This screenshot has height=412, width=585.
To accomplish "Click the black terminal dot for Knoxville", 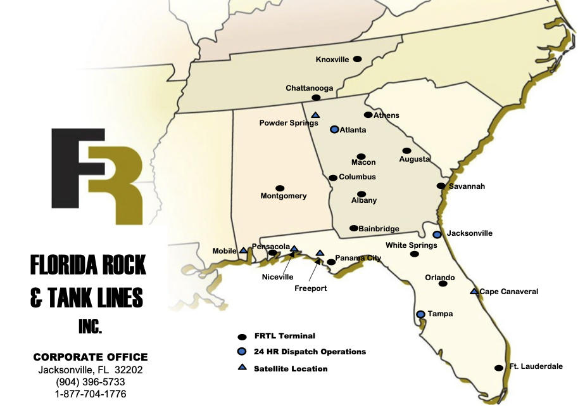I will pos(357,59).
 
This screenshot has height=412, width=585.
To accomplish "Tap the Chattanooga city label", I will pos(310,88).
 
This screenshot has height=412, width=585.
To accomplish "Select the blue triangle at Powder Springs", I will pos(315,115).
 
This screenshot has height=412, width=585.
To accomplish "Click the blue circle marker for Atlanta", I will pos(334,129).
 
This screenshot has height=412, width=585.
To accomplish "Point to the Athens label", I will pos(386,115).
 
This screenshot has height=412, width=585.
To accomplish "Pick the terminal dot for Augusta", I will pos(406,151).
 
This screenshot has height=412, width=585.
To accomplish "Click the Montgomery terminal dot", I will pos(280,188).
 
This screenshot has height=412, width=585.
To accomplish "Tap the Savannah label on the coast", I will pos(467,186).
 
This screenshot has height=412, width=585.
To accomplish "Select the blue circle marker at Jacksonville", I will pos(437,235).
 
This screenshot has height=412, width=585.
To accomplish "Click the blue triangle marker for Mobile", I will pos(243,250).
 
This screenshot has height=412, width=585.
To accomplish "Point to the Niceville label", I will pos(278,276).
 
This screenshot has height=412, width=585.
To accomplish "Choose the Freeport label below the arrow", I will pos(311,288).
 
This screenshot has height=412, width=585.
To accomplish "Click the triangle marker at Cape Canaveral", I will pos(474,292).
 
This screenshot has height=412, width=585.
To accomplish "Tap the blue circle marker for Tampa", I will pos(420,314).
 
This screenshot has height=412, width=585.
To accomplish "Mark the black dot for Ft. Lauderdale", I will pos(498,368).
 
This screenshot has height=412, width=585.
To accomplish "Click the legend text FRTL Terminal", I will pos(284,336).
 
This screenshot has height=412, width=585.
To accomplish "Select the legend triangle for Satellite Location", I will pos(242,368).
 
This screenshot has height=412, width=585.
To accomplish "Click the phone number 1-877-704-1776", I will pos(91,394).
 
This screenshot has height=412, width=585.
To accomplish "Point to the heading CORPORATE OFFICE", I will pos(91,357).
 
